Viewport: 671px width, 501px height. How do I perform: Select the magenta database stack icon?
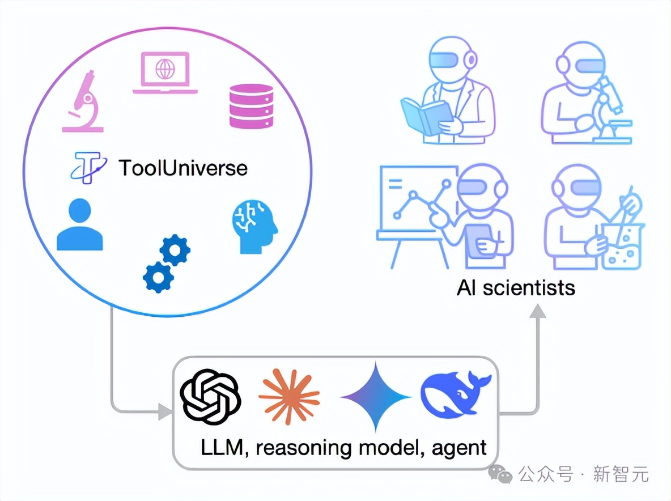tap(250, 105)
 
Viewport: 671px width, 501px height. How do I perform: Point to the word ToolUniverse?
tap(182, 168)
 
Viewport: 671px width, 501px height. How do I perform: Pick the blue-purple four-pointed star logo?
tap(375, 397)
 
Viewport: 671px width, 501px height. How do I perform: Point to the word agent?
tap(459, 449)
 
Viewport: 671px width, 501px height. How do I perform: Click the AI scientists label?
tap(516, 288)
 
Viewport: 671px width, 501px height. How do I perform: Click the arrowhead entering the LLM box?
tap(165, 412)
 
